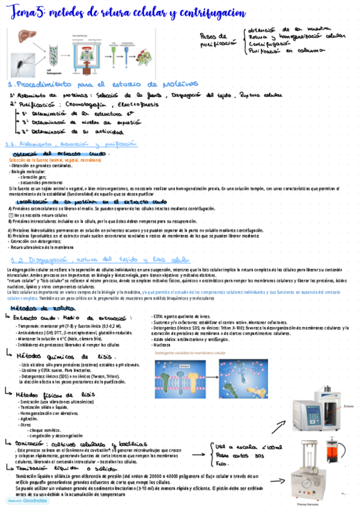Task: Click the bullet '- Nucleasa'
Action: pos(162,345)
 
